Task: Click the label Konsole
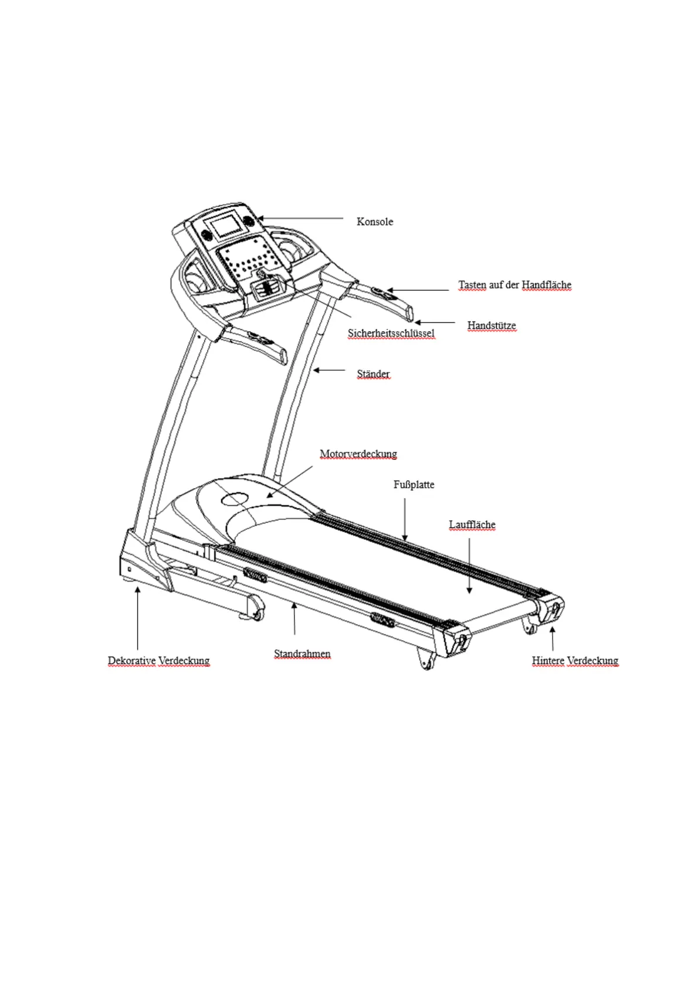pyautogui.click(x=375, y=222)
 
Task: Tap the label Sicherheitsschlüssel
pyautogui.click(x=391, y=333)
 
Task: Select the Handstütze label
pyautogui.click(x=492, y=325)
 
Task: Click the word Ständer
pyautogui.click(x=373, y=374)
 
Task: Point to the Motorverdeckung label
pyautogui.click(x=358, y=454)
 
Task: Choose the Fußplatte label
pyautogui.click(x=414, y=485)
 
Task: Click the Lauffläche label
pyautogui.click(x=472, y=525)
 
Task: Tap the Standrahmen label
pyautogui.click(x=302, y=654)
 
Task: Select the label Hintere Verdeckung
pyautogui.click(x=575, y=661)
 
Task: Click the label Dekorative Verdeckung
pyautogui.click(x=158, y=661)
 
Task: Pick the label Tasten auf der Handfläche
pyautogui.click(x=514, y=285)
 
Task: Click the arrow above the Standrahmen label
pyautogui.click(x=294, y=618)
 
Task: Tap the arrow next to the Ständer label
pyautogui.click(x=329, y=370)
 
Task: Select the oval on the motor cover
pyautogui.click(x=235, y=499)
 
